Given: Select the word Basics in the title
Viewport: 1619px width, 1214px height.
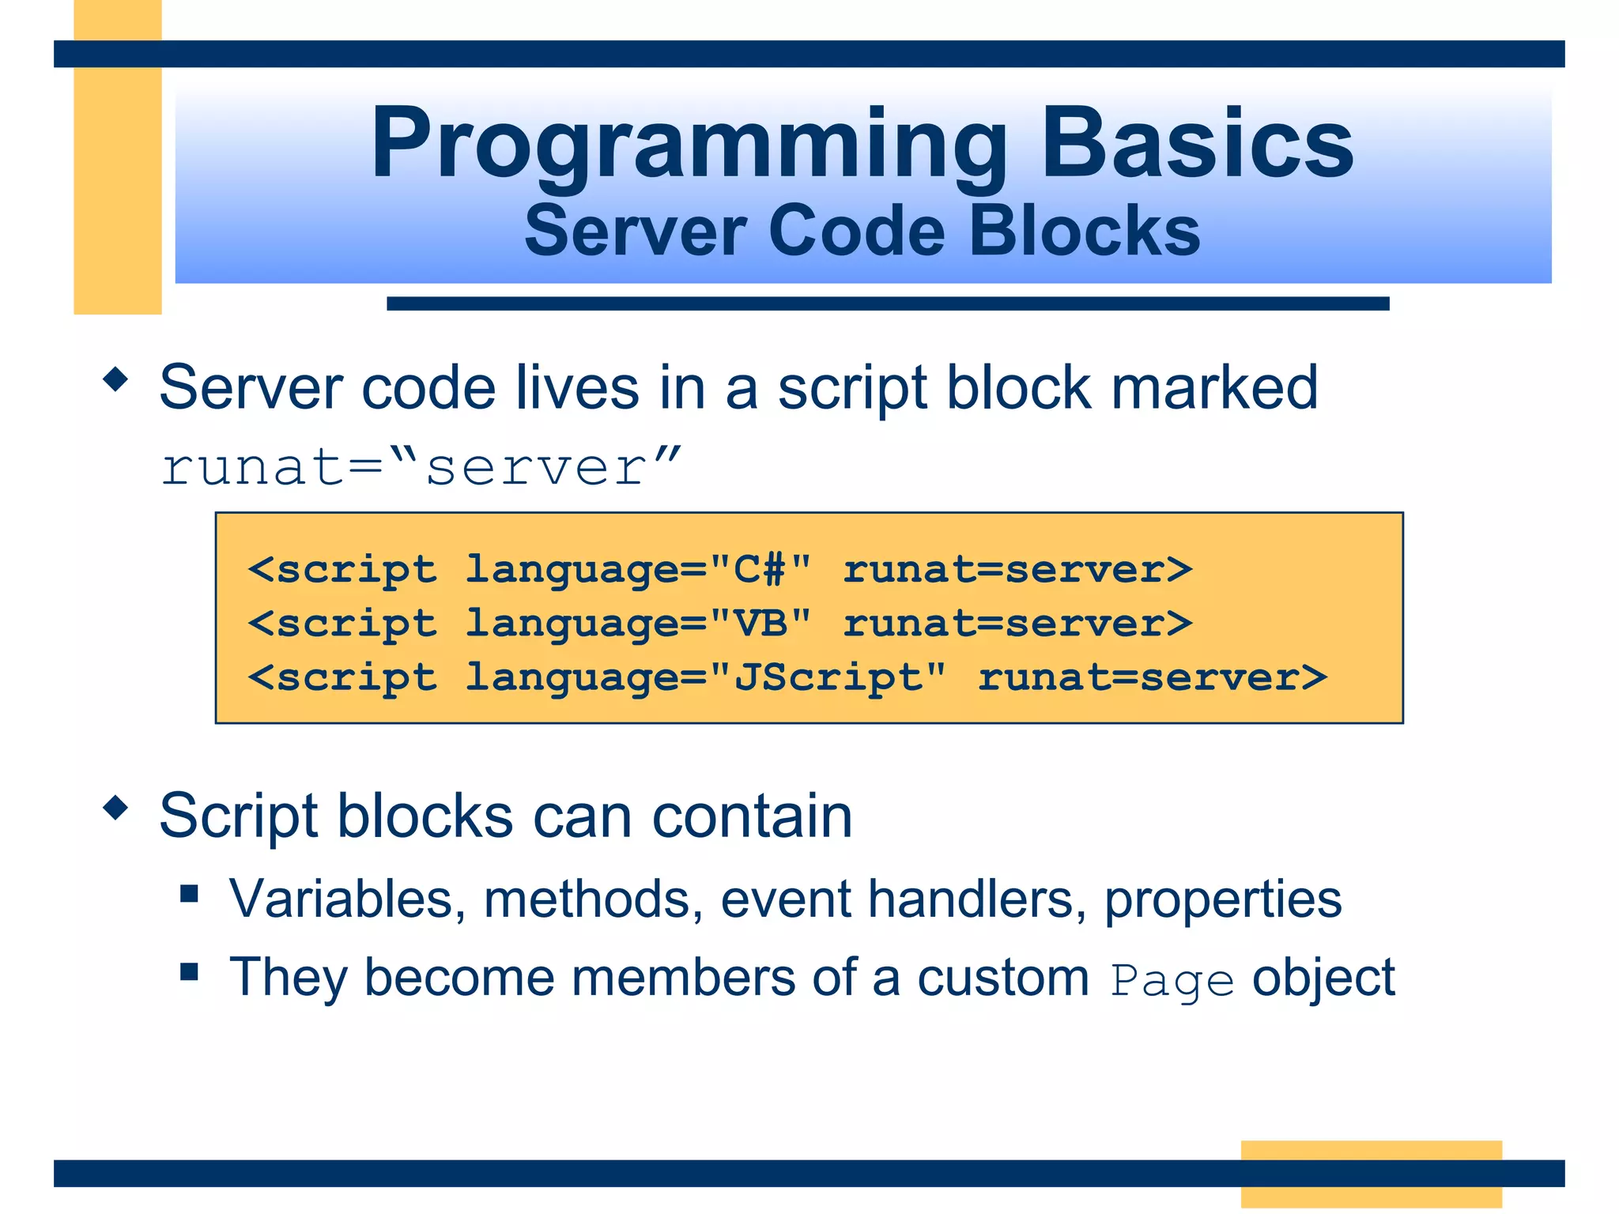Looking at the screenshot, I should pos(1197,145).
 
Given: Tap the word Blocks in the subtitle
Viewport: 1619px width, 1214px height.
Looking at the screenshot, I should pos(1085,231).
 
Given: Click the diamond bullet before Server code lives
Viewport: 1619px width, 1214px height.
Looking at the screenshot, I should pos(115,380).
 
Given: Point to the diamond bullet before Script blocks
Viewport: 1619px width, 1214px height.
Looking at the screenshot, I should pos(115,808).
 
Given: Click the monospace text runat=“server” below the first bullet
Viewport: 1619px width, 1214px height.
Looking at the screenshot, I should pos(421,467).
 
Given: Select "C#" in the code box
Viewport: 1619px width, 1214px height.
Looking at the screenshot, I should pos(760,570).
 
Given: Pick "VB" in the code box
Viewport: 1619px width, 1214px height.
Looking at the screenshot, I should pos(760,624).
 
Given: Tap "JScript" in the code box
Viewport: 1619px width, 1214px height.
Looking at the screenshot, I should pos(827,677).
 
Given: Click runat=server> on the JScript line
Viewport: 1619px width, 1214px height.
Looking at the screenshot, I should pos(1152,677).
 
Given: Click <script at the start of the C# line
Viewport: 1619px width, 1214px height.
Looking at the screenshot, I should pos(342,570).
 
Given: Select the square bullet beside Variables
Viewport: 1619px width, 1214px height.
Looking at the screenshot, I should pos(189,894).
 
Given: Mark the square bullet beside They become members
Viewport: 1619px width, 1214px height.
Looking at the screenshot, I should pos(189,971).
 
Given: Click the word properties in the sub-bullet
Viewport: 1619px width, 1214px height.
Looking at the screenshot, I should pos(1222,899).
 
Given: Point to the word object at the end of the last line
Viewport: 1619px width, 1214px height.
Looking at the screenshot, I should pos(1323,978).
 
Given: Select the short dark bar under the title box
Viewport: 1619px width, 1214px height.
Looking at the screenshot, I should pos(887,303).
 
